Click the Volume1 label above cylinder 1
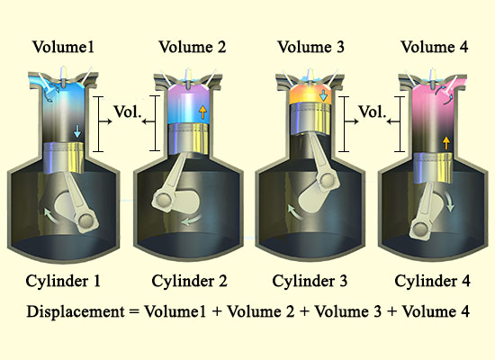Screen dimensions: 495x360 [63, 47]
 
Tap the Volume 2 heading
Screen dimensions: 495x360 [193, 47]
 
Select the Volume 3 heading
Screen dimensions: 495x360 [311, 47]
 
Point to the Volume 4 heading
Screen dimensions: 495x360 [435, 47]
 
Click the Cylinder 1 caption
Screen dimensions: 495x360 [63, 281]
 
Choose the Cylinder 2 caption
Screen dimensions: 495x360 [189, 281]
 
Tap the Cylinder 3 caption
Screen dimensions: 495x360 [310, 281]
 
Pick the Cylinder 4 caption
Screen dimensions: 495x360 [433, 281]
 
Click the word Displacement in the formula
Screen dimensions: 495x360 [76, 311]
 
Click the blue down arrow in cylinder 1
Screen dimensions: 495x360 [77, 131]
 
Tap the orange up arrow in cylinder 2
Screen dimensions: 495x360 [202, 112]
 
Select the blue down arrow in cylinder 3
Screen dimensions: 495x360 [323, 95]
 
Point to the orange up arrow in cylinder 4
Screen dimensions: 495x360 [446, 143]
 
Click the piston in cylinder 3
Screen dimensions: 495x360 [310, 119]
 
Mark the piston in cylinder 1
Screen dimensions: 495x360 [64, 157]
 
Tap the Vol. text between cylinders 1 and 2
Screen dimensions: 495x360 [127, 112]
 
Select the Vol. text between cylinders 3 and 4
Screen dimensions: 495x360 [373, 112]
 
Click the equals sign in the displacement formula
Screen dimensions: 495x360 [134, 312]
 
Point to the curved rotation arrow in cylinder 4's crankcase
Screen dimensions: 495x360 [449, 202]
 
